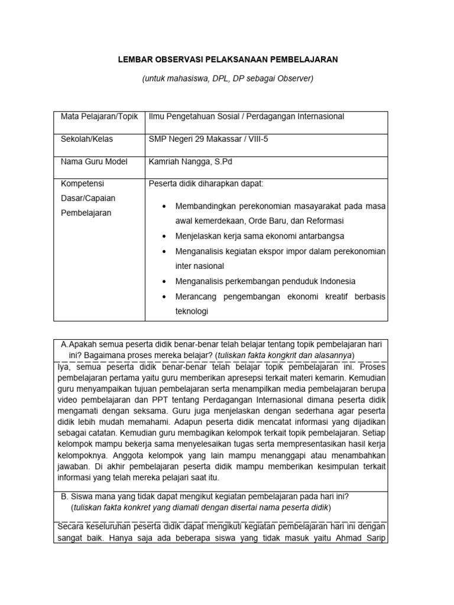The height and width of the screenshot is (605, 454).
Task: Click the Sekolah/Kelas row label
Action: [87, 139]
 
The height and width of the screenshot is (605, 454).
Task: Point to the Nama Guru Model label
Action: [94, 162]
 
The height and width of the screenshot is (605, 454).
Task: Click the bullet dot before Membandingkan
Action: [163, 206]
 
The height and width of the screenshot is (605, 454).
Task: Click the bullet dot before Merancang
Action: [163, 297]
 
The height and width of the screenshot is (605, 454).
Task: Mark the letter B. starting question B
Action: [66, 496]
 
